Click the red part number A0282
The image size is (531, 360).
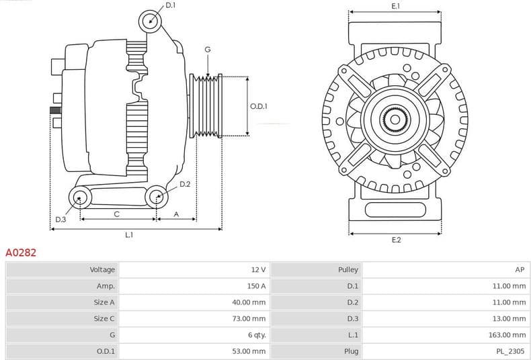21,253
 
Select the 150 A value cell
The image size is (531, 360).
255,286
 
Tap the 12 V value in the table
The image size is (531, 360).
258,269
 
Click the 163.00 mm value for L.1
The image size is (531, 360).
508,334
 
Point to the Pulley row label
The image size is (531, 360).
349,269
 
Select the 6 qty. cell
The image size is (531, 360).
256,334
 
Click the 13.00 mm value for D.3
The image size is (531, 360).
510,318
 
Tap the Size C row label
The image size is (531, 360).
104,318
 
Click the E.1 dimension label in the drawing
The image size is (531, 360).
395,6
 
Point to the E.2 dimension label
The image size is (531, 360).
395,240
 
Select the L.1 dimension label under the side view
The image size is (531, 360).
129,235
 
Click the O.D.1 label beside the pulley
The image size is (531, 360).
259,106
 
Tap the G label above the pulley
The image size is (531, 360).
208,50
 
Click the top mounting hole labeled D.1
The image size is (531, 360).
151,21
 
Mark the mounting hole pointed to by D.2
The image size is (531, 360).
156,196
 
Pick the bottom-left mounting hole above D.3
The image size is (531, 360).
81,197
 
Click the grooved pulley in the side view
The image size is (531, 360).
206,106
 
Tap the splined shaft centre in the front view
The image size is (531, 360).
395,121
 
